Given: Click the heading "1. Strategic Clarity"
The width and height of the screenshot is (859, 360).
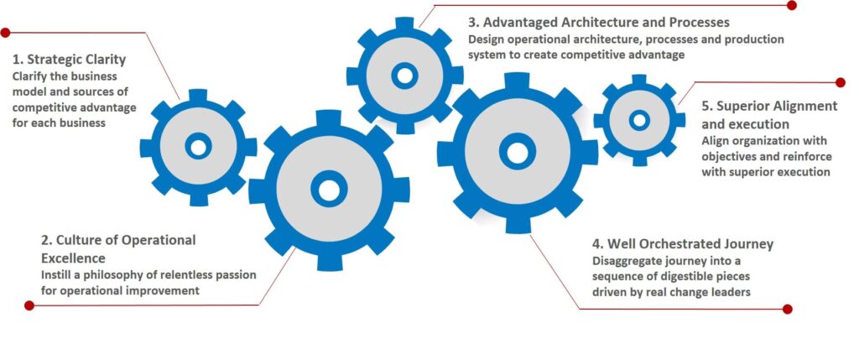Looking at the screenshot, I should coord(69,60).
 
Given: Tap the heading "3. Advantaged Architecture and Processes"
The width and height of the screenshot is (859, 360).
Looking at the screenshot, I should coord(599,22).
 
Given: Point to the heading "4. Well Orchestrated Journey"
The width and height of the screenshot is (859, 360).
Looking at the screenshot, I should coord(682,244).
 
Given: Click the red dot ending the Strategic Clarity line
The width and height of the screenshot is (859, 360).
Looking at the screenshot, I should coord(6,33).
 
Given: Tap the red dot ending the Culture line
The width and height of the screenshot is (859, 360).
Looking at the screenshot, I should coord(29,305).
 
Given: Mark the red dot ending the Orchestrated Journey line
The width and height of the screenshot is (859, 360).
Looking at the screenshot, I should coord(787,309).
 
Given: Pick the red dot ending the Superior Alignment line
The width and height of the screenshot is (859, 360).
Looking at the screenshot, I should coord(841,82).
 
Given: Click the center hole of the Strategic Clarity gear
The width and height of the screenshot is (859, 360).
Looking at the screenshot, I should coord(198,147).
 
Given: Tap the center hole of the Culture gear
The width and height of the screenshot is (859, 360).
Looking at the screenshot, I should coord(328,190).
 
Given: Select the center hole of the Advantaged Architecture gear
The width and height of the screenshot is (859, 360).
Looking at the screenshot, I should coord(404,76).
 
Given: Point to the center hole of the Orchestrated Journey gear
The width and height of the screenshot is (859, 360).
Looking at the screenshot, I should coord(518,152).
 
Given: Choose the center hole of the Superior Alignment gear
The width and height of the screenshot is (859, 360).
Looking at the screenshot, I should coord(639,120).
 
